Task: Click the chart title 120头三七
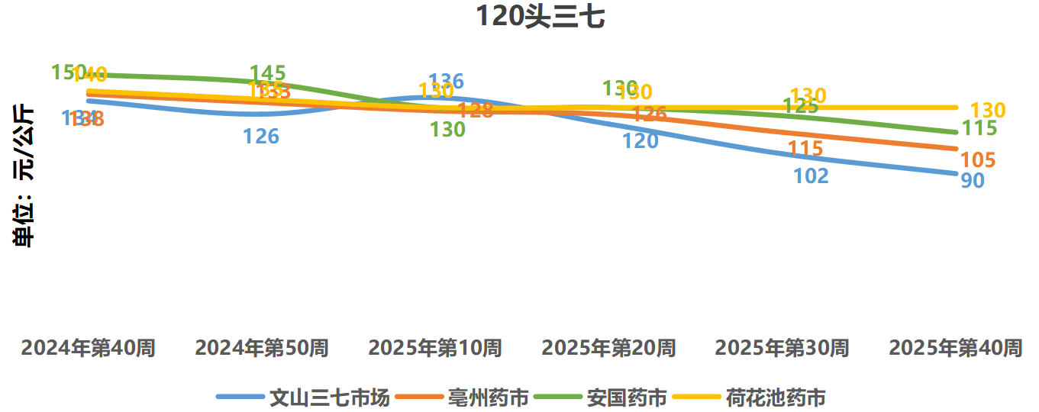[540, 16]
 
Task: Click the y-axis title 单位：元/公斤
[25, 175]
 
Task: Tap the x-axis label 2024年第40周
[89, 349]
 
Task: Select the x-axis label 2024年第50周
[262, 349]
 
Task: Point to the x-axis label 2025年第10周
[435, 349]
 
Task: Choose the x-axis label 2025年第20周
[608, 349]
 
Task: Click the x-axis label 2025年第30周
[782, 349]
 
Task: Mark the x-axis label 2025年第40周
[956, 349]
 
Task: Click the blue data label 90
[972, 182]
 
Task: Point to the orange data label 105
[977, 160]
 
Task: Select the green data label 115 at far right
[979, 128]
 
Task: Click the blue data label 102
[811, 176]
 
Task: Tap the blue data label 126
[261, 137]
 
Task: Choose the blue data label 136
[447, 81]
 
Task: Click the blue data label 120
[640, 141]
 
